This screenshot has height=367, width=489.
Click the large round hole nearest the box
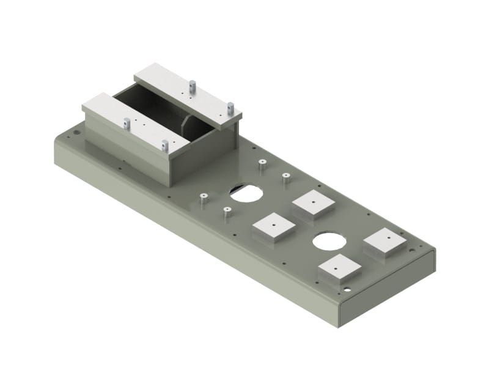coord(246,193)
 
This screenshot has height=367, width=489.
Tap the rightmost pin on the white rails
coord(230,107)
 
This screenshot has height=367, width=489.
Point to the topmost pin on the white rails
coord(192,86)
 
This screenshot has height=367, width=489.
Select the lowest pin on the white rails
coord(165,145)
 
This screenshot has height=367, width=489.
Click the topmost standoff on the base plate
coord(262,164)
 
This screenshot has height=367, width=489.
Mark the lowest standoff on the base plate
coord(227,212)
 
